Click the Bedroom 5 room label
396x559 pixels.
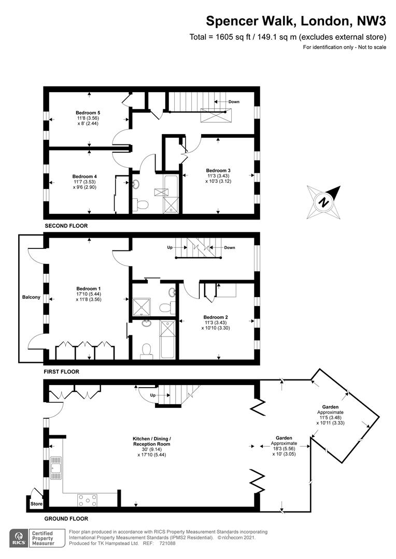tap(88, 113)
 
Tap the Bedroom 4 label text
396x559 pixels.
tap(84, 176)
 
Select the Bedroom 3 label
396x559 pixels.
tap(218, 170)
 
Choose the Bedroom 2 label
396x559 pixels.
tap(216, 317)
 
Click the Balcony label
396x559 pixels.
tap(31, 297)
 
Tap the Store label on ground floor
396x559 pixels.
tap(36, 504)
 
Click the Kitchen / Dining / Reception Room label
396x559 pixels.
tap(152, 442)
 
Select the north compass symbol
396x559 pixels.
tap(323, 202)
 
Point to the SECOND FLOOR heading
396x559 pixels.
tap(66, 226)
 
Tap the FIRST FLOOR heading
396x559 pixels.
tap(61, 372)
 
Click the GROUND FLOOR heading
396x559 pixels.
tap(66, 519)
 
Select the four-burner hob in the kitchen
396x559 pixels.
tap(87, 500)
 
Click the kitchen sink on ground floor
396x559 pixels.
tap(55, 468)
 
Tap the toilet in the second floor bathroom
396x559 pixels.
tap(140, 204)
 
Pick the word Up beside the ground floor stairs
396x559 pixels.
tap(153, 395)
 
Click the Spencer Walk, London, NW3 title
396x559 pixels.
tap(296, 21)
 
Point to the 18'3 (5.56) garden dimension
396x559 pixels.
tap(284, 449)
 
